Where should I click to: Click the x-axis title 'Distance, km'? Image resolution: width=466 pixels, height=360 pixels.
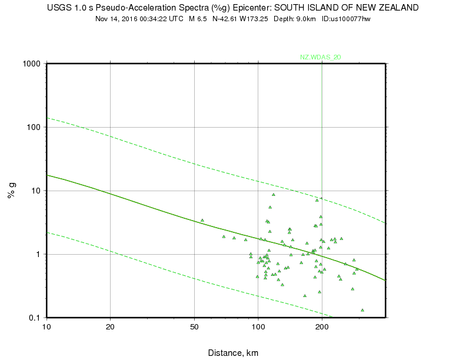tap(233, 353)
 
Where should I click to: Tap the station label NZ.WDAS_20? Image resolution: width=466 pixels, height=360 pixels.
tap(321, 57)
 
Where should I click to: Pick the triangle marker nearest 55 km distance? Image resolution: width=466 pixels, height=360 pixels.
tap(202, 220)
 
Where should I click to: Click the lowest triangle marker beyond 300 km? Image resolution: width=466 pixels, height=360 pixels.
tap(362, 310)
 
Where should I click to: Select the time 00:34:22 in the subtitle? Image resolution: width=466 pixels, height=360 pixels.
tap(154, 19)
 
